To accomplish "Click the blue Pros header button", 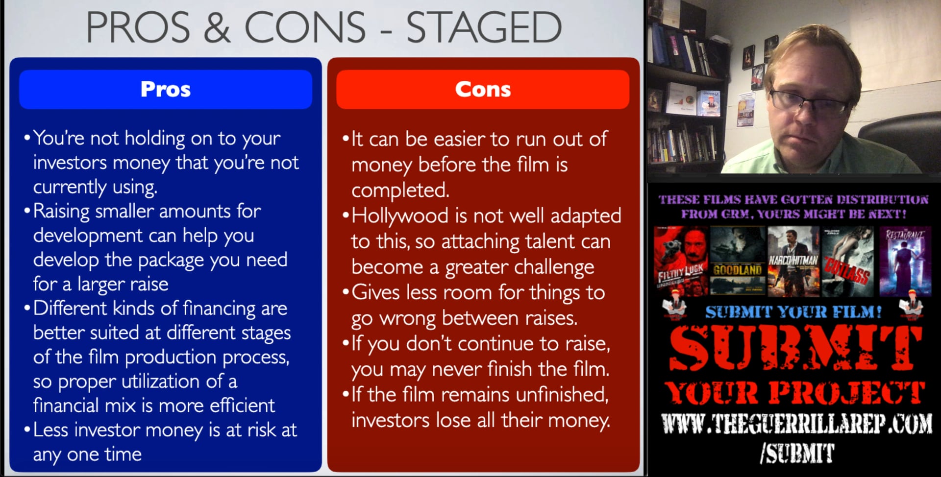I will (165, 89).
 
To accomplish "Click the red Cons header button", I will (483, 89).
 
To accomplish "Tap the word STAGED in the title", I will (484, 27).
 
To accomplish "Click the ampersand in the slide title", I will (216, 27).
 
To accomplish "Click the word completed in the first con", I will (400, 191).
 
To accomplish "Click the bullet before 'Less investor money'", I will (27, 430).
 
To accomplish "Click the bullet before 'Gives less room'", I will (346, 292).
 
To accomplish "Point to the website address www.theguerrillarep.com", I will (796, 424).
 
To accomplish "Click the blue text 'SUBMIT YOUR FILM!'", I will (793, 312).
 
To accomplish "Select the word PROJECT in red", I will (846, 393).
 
